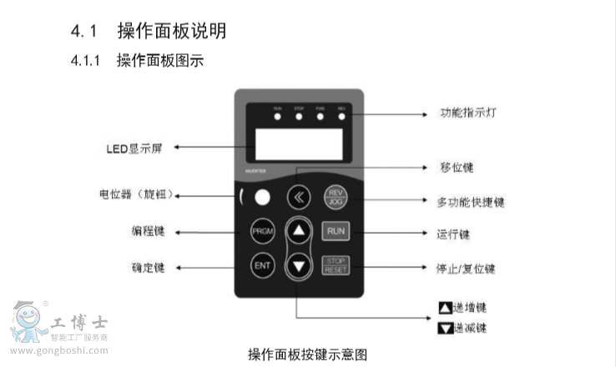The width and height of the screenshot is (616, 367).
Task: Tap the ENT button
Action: click(263, 266)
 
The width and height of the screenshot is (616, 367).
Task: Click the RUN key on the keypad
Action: click(335, 231)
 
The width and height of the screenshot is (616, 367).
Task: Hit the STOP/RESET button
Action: click(335, 266)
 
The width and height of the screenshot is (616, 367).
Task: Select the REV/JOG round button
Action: click(335, 197)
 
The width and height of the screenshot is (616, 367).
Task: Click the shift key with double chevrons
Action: click(298, 198)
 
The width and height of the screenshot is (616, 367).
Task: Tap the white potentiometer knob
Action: click(263, 198)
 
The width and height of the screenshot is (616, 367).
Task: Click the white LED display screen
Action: click(299, 144)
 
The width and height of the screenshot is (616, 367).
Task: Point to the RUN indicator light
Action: click(278, 115)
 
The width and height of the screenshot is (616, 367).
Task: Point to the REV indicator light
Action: click(341, 115)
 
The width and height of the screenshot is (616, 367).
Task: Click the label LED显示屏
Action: click(133, 148)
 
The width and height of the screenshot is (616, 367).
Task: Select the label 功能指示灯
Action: click(469, 113)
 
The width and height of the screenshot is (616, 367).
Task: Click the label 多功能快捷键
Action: click(471, 201)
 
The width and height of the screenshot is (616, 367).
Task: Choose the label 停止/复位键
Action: click(466, 269)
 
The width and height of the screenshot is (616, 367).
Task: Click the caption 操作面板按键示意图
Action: click(307, 354)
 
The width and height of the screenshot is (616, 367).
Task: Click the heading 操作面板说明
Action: click(172, 32)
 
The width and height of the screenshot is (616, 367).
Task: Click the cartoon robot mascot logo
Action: click(30, 322)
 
